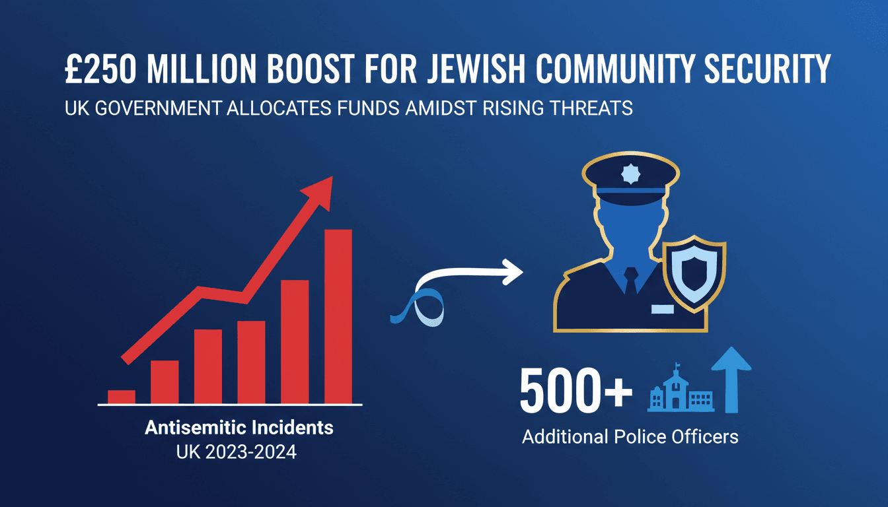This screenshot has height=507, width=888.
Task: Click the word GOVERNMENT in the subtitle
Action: point(159,108)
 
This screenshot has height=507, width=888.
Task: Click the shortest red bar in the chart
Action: point(122,397)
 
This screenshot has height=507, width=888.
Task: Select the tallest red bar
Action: point(338,316)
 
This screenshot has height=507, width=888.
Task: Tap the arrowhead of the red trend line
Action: point(319,192)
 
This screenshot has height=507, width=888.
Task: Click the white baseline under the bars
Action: point(230,405)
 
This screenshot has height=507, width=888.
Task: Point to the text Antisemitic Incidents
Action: point(239,428)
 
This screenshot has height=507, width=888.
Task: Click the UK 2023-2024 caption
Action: point(237,452)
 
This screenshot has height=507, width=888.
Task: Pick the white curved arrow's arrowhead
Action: point(513,272)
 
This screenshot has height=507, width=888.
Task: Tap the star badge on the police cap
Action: point(631,174)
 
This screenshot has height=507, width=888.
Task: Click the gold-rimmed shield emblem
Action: point(694,273)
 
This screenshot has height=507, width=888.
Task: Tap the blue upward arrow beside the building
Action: point(731,380)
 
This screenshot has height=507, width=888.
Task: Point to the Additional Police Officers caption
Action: point(630,437)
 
